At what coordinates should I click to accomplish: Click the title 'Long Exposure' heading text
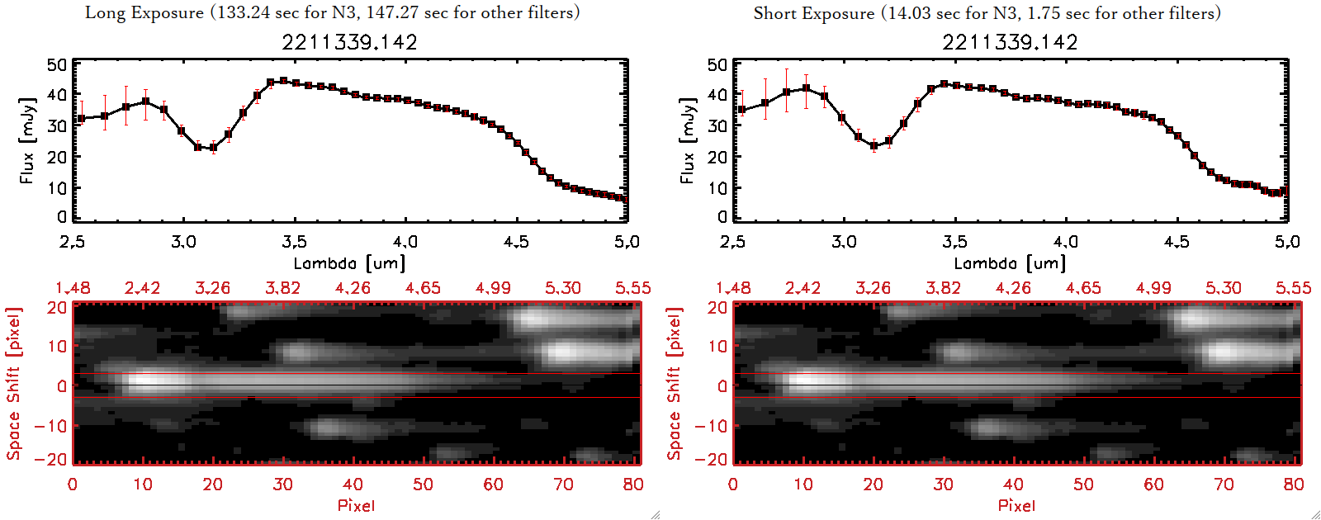[x=144, y=12]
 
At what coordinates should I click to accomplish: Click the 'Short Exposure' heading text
[x=813, y=13]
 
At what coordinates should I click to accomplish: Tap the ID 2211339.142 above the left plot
[x=349, y=42]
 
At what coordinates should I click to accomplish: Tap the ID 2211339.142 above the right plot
[x=1010, y=42]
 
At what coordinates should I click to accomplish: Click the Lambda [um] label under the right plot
[x=1010, y=263]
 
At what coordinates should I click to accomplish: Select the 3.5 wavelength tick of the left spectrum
[x=294, y=242]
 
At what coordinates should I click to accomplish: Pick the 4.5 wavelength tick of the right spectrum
[x=1177, y=242]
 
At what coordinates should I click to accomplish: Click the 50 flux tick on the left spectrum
[x=57, y=65]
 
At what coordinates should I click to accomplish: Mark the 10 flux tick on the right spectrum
[x=717, y=188]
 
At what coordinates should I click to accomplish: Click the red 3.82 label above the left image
[x=282, y=288]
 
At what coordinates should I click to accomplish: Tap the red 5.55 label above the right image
[x=1293, y=288]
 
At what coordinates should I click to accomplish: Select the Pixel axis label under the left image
[x=356, y=505]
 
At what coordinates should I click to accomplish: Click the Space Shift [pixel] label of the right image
[x=674, y=384]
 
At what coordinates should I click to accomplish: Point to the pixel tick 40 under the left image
[x=353, y=485]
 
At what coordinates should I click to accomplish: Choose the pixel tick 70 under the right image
[x=1224, y=485]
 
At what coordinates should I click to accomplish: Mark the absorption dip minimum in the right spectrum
[x=874, y=146]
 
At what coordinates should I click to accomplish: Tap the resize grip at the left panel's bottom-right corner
[x=656, y=515]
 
